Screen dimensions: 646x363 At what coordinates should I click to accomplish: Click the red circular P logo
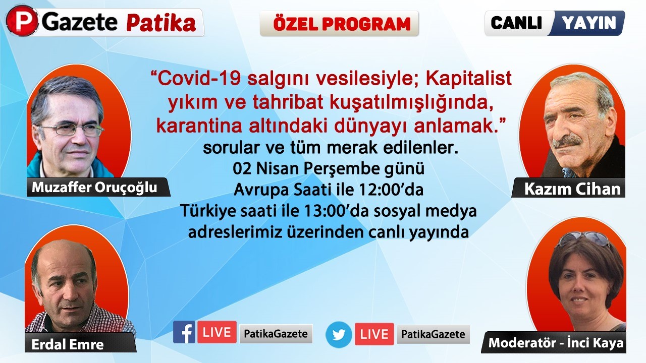point(22,21)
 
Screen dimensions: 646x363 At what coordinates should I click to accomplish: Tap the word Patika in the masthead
point(161,23)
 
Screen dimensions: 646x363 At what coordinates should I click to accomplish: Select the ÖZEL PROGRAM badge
point(339,23)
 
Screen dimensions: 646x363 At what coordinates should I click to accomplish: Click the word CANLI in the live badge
point(516,23)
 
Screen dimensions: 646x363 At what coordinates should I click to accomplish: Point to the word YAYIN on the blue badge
point(589,23)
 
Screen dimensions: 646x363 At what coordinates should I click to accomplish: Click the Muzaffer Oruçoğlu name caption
point(94,188)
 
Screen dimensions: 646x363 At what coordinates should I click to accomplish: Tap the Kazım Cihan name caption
point(572,189)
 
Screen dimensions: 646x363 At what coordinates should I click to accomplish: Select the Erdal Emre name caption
point(68,344)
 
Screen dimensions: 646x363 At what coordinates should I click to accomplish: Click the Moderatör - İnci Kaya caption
point(556,343)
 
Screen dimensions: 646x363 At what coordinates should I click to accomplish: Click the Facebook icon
point(184,332)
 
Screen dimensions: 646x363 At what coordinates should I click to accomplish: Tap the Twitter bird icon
point(339,335)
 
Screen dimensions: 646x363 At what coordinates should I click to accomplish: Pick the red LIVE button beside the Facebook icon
point(217,332)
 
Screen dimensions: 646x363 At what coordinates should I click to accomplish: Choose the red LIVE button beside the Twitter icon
point(374,334)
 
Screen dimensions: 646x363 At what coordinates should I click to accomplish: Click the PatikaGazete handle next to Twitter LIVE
point(433,334)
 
